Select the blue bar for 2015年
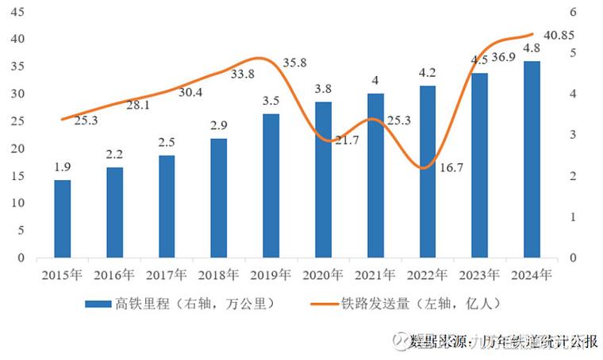[63, 219]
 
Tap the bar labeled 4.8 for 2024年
[532, 159]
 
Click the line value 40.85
[560, 36]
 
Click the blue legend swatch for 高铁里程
[98, 304]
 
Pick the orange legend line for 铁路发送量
[321, 304]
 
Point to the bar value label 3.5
[271, 101]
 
